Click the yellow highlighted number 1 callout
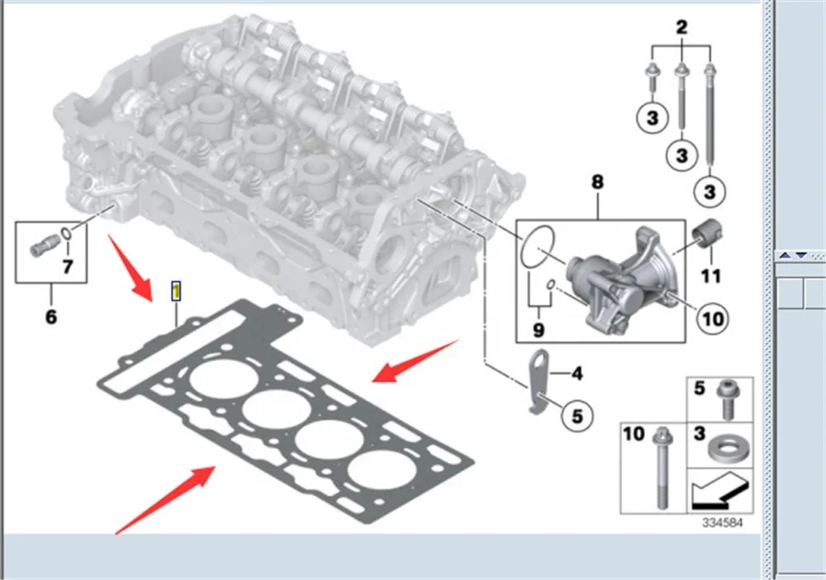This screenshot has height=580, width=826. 176,291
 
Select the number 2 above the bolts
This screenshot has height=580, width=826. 681,27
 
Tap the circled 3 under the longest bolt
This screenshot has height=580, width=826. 709,191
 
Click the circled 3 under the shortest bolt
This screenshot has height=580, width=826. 652,118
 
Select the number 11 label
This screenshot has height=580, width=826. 710,275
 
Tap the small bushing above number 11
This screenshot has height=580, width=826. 707,233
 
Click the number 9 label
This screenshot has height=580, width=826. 539,331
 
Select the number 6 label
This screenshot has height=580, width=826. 50,316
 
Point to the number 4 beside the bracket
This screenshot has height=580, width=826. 577,374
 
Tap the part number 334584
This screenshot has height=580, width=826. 723,523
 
